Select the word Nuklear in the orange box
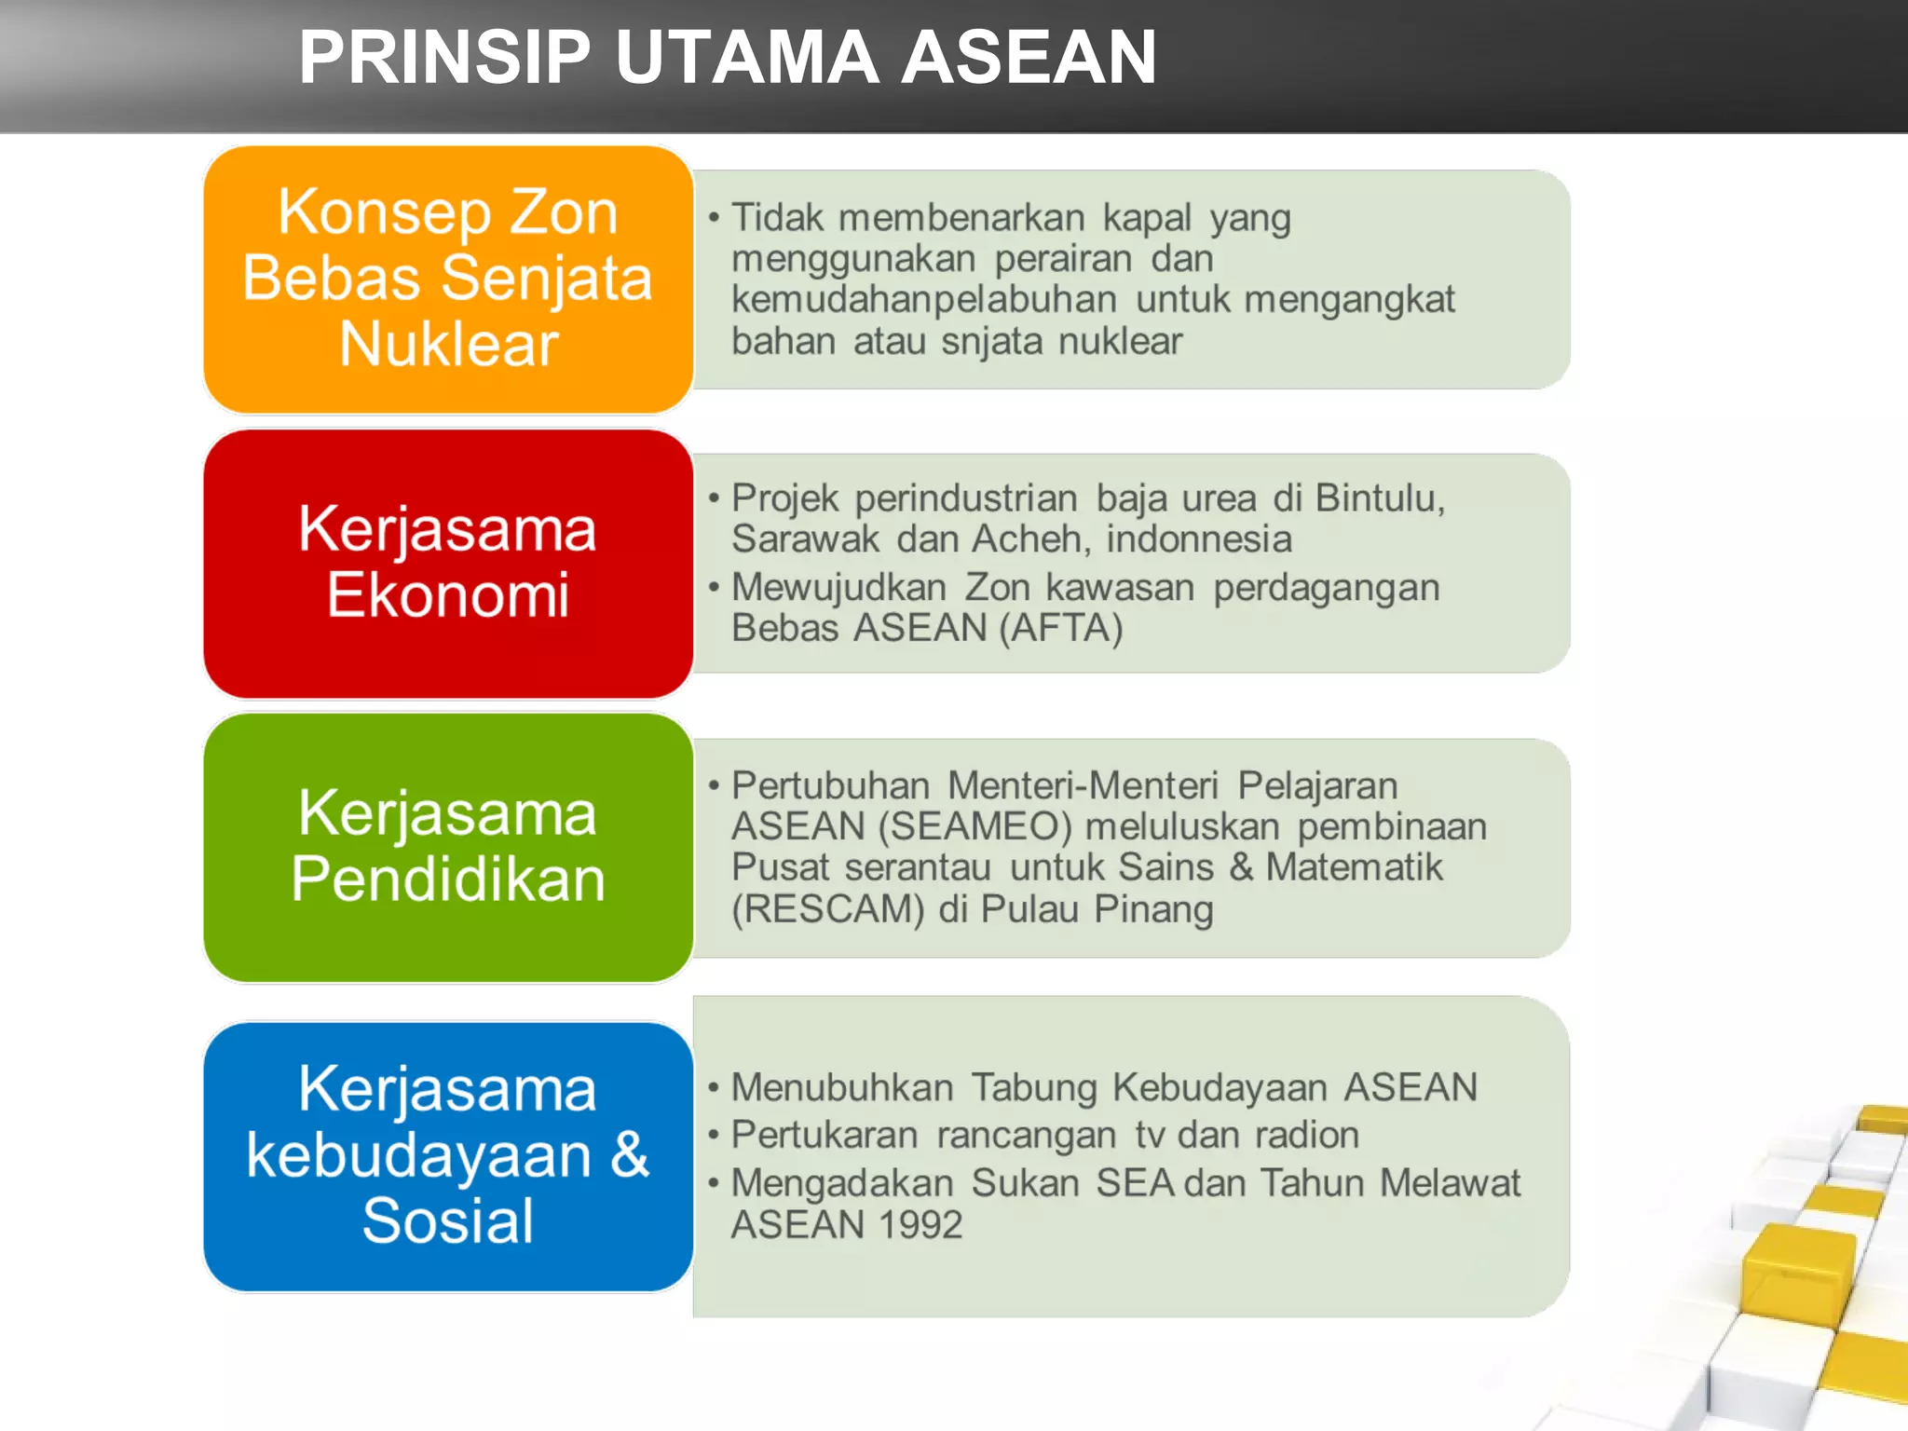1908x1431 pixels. pyautogui.click(x=448, y=345)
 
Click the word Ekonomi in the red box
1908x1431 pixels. pyautogui.click(x=448, y=595)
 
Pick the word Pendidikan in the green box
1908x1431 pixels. pyautogui.click(x=448, y=879)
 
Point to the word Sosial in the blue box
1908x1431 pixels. pyautogui.click(x=448, y=1220)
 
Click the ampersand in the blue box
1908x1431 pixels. pyautogui.click(x=630, y=1155)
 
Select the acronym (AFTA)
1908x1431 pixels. pyautogui.click(x=1061, y=628)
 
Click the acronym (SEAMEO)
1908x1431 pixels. pyautogui.click(x=974, y=826)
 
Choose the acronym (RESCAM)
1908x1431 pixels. pyautogui.click(x=827, y=909)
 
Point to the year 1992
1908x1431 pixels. pyautogui.click(x=920, y=1224)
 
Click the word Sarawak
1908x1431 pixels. pyautogui.click(x=805, y=539)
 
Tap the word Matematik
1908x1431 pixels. pyautogui.click(x=1354, y=867)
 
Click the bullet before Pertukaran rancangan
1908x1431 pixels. pyautogui.click(x=714, y=1136)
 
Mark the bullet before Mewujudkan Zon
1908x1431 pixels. pyautogui.click(x=714, y=588)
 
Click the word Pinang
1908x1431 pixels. pyautogui.click(x=1153, y=909)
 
